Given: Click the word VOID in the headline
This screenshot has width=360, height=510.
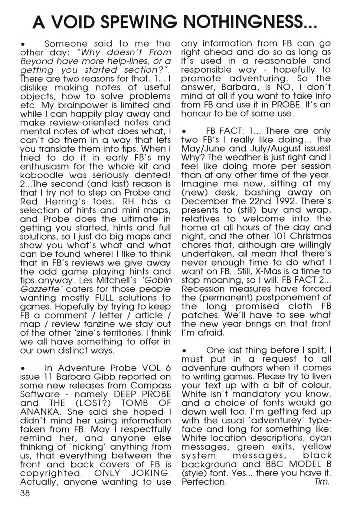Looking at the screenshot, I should pos(73,23).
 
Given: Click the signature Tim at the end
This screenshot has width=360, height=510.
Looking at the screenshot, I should pos(322,482).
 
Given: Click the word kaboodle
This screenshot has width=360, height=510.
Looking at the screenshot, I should pos(41,175).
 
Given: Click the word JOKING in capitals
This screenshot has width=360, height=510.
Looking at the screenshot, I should pos(151,473).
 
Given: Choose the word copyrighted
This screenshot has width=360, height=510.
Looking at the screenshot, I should pos(50,473).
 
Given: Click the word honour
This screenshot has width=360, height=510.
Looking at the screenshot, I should pos(196,114).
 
